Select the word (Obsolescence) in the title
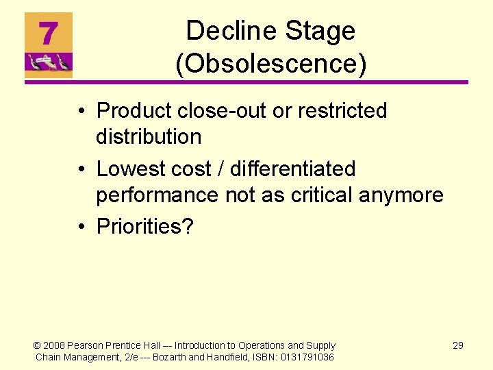271,64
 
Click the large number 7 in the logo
47,32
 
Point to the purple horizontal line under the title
246,83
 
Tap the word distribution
149,136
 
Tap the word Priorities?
145,227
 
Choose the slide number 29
458,345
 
